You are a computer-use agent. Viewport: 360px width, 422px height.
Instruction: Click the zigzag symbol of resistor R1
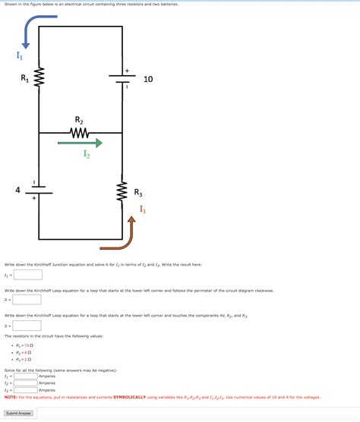point(39,78)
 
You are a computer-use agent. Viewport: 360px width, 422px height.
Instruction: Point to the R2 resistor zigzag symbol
point(80,133)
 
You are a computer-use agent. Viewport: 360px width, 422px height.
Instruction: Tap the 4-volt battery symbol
point(39,191)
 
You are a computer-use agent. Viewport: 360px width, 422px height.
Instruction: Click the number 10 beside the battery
point(148,79)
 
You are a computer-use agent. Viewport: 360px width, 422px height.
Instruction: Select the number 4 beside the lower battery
point(17,190)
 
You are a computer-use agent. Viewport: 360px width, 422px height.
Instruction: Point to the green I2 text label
point(87,154)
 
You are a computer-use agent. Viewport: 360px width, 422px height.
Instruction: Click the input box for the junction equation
point(27,275)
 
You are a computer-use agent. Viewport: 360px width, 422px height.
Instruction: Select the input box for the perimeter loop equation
point(27,300)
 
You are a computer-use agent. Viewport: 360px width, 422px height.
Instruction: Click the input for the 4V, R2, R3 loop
point(27,325)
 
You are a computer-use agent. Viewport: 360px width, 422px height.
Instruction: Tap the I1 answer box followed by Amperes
point(25,376)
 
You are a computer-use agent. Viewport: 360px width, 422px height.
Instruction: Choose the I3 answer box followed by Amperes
point(25,389)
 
